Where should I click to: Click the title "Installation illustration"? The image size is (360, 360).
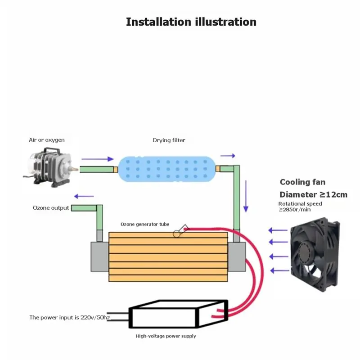[191, 22]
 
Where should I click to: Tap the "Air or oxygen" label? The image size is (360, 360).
[47, 140]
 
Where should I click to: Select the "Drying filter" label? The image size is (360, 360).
[169, 140]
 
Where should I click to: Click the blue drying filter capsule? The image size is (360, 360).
[166, 169]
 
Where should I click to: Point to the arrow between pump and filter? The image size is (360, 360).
[98, 159]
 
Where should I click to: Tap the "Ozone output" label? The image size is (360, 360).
[51, 208]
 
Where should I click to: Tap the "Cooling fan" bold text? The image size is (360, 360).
[302, 182]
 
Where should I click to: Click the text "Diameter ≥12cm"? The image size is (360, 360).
[313, 195]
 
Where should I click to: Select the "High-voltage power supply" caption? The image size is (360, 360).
[166, 336]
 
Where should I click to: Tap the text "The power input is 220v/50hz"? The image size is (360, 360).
[70, 317]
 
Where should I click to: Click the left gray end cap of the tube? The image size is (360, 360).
[99, 256]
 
